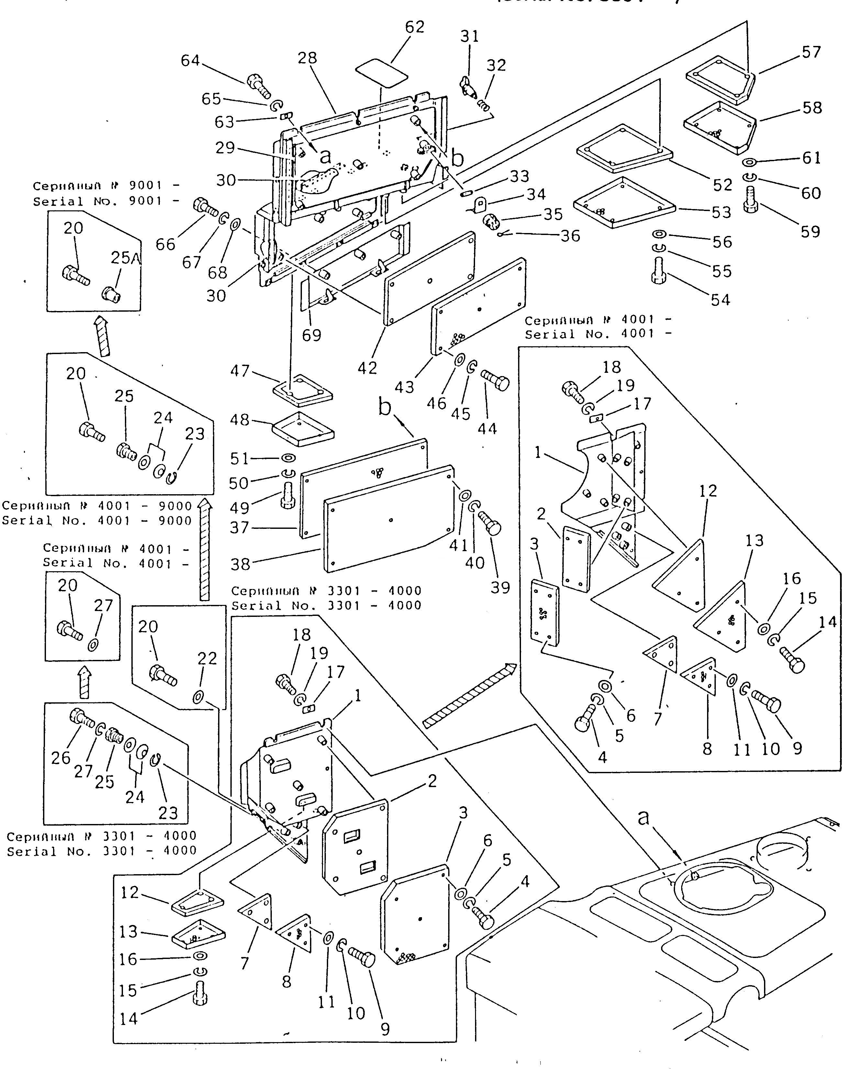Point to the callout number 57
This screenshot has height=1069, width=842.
(811, 52)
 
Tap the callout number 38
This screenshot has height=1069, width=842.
(240, 564)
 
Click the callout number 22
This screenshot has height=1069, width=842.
(207, 659)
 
